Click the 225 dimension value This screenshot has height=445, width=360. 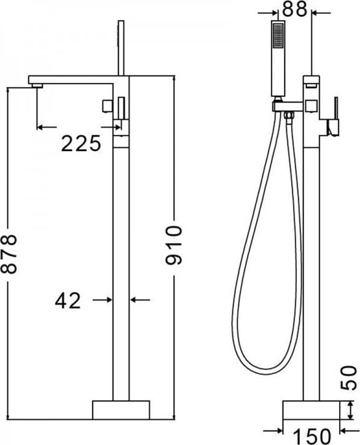click(x=81, y=143)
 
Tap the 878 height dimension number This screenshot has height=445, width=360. click(x=9, y=254)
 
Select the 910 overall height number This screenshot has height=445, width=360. click(x=173, y=245)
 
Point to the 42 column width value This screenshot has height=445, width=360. click(x=68, y=301)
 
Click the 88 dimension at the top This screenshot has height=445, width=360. click(x=295, y=9)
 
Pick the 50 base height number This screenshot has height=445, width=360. click(x=348, y=378)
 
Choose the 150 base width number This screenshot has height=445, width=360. click(x=311, y=437)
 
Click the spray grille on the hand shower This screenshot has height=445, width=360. click(x=278, y=35)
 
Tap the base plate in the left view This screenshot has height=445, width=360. click(x=121, y=410)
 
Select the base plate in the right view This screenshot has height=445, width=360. click(x=311, y=411)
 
